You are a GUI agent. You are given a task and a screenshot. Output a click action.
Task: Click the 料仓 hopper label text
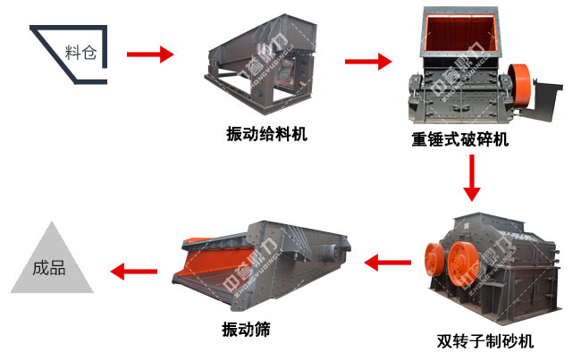(80, 53)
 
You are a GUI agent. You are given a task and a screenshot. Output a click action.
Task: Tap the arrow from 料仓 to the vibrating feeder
(150, 54)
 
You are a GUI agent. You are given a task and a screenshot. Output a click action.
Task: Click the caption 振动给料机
(266, 133)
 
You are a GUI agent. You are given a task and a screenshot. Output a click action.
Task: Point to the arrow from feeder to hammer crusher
(368, 62)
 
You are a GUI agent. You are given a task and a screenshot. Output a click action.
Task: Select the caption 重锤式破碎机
(459, 139)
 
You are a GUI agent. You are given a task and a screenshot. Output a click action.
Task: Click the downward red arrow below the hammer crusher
(472, 178)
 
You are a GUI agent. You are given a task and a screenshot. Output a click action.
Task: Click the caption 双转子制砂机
(485, 341)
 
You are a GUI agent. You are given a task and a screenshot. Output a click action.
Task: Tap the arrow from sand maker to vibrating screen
(388, 263)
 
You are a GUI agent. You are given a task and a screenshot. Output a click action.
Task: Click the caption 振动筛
(246, 330)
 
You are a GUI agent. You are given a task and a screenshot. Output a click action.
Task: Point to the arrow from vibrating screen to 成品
(134, 272)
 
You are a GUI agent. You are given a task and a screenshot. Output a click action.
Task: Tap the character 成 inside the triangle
(41, 267)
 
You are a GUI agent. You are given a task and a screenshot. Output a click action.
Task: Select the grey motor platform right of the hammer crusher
(544, 99)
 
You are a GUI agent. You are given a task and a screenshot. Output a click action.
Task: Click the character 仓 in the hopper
(89, 53)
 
